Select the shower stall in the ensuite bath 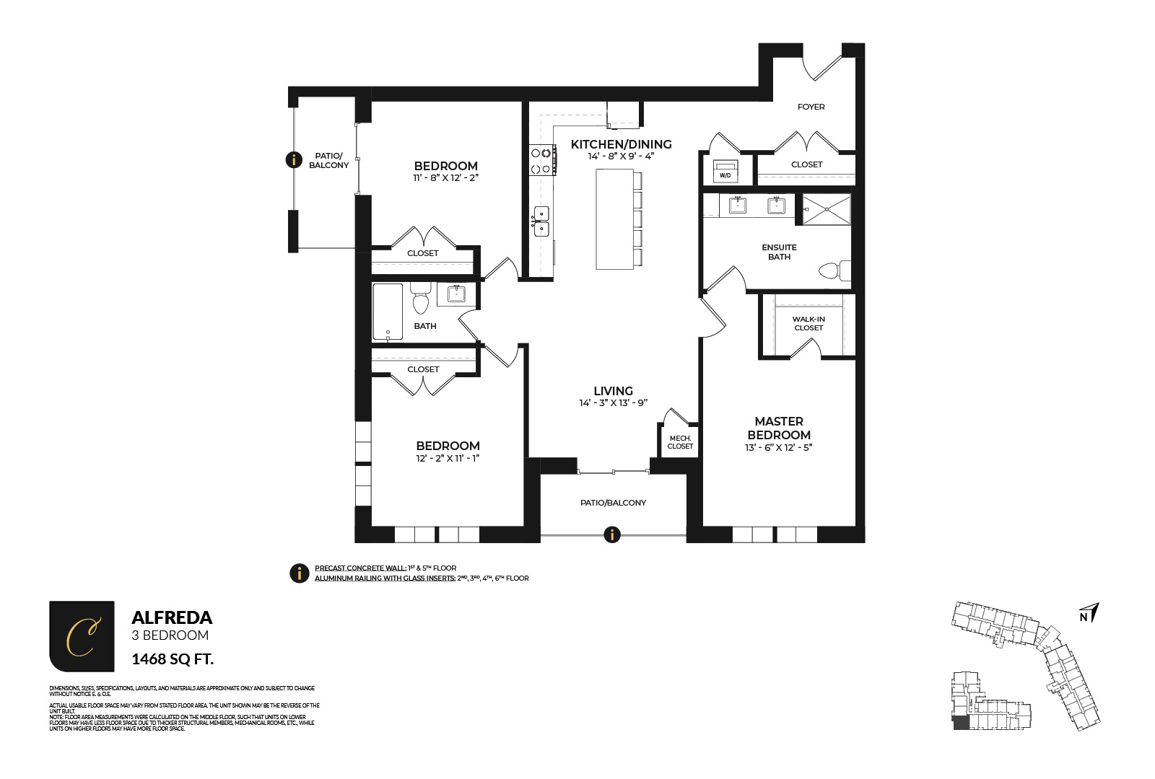[x=827, y=209]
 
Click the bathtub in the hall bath [x=388, y=312]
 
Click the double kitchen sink [x=541, y=221]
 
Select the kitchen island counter [x=614, y=219]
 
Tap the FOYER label [x=811, y=107]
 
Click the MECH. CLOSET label [x=680, y=442]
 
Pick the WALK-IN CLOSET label [x=808, y=323]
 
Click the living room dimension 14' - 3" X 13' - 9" [x=613, y=403]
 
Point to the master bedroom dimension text [x=778, y=447]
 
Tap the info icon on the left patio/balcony [x=294, y=159]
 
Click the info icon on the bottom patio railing [x=612, y=534]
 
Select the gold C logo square [x=82, y=636]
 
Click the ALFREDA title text [x=172, y=617]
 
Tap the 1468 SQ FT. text [x=173, y=659]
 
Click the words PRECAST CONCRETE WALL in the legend [x=359, y=568]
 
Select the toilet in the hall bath [x=421, y=298]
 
